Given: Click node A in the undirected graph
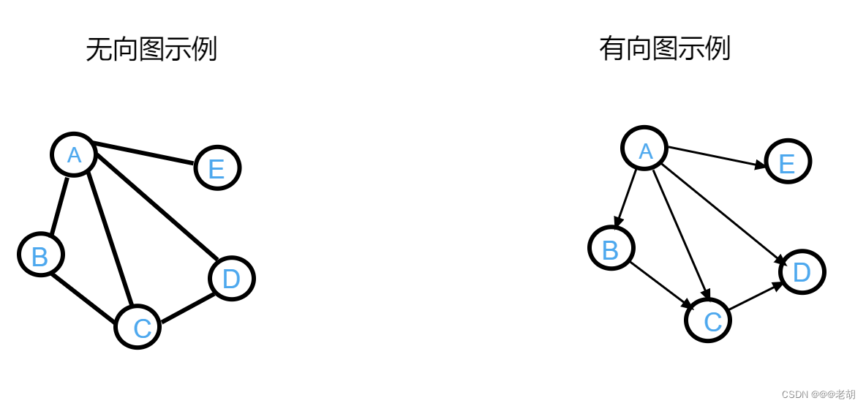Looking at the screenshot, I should (74, 154).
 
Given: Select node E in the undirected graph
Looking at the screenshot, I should (217, 168).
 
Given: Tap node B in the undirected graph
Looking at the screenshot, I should (41, 255).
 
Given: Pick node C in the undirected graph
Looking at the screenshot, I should (138, 326).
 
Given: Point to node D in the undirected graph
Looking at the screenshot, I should (231, 279).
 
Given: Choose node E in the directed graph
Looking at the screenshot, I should (788, 162).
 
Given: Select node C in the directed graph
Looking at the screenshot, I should (708, 320).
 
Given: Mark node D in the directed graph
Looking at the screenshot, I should (802, 272).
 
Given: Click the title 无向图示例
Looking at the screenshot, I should (151, 50).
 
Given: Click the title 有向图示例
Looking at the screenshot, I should (665, 49).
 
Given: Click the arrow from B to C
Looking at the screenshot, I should (660, 284).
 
